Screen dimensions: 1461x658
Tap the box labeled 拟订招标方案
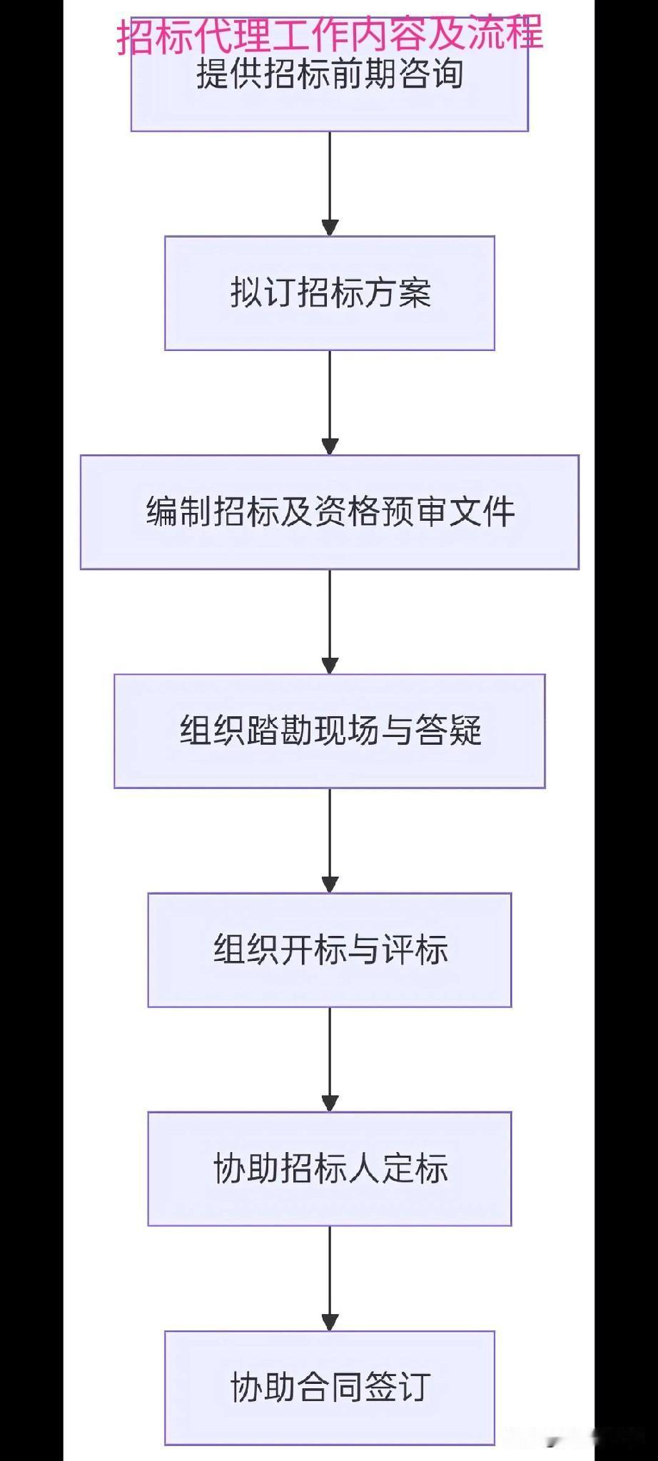coord(330,293)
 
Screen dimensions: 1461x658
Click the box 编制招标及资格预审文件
coord(330,511)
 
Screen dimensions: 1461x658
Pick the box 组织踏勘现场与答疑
coord(330,730)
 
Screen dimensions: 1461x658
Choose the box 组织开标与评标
coord(330,950)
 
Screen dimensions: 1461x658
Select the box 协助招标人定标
coord(330,1169)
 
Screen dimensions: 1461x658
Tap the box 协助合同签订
coord(330,1388)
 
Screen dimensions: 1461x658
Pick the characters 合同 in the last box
coord(330,1388)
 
